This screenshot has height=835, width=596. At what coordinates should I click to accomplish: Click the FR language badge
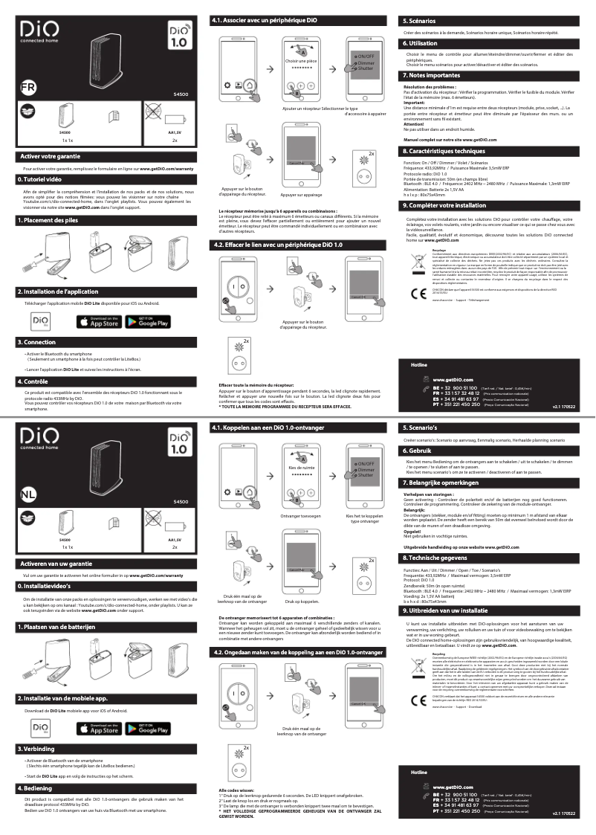point(27,86)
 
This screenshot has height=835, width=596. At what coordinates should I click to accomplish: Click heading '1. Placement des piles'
point(49,221)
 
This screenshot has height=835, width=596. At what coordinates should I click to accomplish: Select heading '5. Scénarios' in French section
point(420,22)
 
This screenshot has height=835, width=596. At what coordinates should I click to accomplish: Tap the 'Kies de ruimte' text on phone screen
point(301,468)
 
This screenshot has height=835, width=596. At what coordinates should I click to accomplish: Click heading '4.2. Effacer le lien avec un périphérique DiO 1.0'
point(277,245)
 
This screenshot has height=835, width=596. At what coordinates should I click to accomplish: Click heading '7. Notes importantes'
point(431,76)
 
